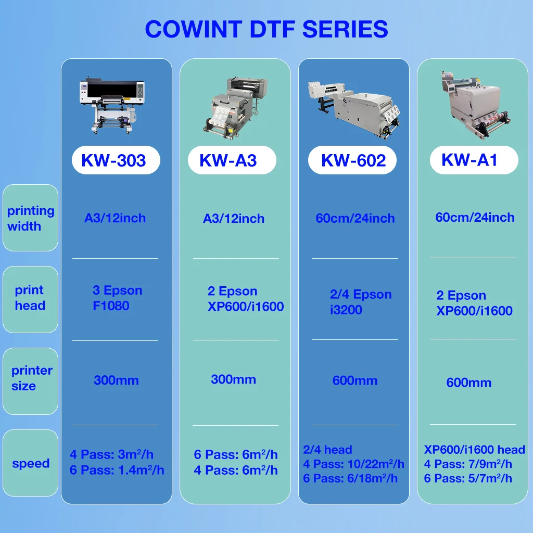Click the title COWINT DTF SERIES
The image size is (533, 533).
click(266, 29)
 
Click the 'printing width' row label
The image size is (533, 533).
click(30, 218)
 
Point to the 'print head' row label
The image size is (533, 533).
click(30, 298)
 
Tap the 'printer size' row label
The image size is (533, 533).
click(31, 378)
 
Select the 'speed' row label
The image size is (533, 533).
click(31, 463)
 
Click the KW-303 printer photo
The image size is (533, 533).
click(112, 105)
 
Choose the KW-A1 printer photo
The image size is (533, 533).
click(473, 104)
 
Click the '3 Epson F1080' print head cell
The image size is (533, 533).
click(117, 298)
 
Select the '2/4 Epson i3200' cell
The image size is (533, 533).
click(360, 302)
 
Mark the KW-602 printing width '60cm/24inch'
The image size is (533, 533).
click(355, 218)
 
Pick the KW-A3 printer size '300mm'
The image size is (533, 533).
click(233, 379)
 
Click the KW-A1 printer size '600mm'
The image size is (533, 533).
click(468, 383)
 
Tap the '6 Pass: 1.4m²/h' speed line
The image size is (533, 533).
click(117, 470)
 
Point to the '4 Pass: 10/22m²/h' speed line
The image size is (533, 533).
click(353, 464)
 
